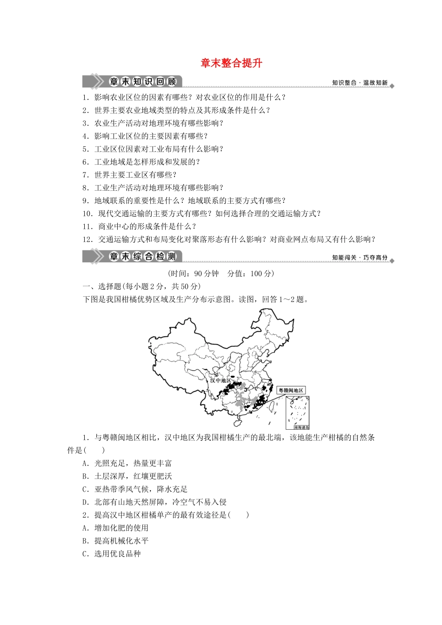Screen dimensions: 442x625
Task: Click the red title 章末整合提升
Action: click(231, 63)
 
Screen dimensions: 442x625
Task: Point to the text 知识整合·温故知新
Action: click(360, 83)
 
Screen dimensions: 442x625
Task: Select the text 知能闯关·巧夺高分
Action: click(360, 258)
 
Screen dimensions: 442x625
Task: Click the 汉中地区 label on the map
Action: click(220, 380)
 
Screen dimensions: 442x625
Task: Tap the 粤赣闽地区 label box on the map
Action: click(291, 390)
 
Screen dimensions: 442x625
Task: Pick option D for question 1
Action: click(154, 502)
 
